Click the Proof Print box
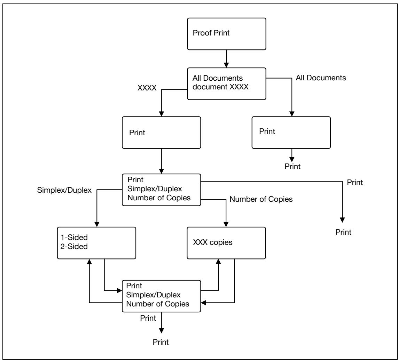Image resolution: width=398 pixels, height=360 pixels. pos(226,34)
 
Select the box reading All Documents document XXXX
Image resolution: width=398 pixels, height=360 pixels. pos(226,84)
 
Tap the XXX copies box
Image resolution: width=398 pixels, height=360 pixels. pos(226,243)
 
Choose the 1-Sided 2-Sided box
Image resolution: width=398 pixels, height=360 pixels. pos(96,243)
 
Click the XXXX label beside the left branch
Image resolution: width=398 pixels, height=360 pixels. pos(147,88)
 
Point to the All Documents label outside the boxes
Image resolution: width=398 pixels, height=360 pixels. pos(321,78)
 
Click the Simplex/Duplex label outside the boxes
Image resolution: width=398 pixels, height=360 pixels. pos(64,190)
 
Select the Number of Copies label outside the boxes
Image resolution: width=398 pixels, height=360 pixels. pos(261,199)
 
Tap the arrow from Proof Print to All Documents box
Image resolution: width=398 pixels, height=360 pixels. pos(226,59)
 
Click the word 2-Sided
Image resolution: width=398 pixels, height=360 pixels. pos(74,246)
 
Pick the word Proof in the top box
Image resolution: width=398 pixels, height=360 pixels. pos(202,33)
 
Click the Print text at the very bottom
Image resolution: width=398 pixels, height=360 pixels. pos(161,342)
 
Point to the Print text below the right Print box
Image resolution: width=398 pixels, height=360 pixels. pos(292,166)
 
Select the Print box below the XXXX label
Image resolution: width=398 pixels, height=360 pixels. pos(162,133)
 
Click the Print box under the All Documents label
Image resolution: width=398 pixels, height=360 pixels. pos(291,133)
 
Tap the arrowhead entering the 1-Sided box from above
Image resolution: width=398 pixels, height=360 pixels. pos(97,224)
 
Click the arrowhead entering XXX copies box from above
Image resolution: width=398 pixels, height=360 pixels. pos(226,224)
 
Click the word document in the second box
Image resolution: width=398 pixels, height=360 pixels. pos(210,87)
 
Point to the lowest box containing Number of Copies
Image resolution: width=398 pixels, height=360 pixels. pos(162,296)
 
